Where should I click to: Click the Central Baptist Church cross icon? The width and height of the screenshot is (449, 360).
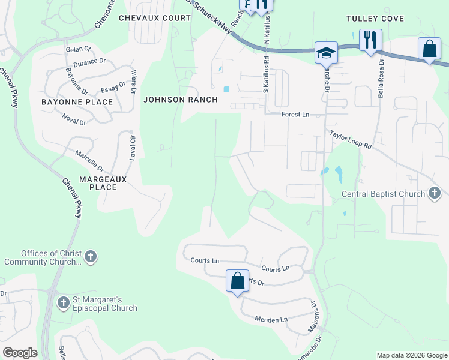pos(435,193)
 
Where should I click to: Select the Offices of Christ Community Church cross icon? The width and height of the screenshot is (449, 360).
pos(90,257)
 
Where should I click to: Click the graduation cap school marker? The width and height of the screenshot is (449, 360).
pos(326,52)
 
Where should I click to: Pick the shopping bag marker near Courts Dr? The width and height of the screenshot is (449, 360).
pos(237,281)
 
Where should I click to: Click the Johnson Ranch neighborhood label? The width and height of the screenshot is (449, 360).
pos(180,100)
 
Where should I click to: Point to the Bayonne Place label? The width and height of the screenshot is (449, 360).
pos(77,102)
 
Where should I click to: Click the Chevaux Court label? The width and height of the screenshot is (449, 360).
pos(154,18)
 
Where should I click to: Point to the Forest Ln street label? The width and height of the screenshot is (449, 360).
pos(295,115)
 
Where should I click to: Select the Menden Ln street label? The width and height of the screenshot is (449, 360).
pos(271,320)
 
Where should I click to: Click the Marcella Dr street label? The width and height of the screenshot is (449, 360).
pos(89,160)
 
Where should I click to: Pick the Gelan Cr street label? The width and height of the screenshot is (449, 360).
pos(78,49)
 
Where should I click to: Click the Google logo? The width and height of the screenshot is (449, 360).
pos(20,353)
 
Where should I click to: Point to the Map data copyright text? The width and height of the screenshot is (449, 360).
pos(411,355)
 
